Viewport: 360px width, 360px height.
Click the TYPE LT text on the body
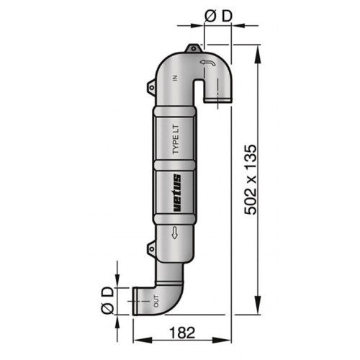[x=177, y=139]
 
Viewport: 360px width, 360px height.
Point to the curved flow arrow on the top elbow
[x=206, y=64]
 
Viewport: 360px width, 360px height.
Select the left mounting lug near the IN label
[x=151, y=88]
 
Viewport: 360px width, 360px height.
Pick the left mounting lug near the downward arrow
[x=151, y=248]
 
